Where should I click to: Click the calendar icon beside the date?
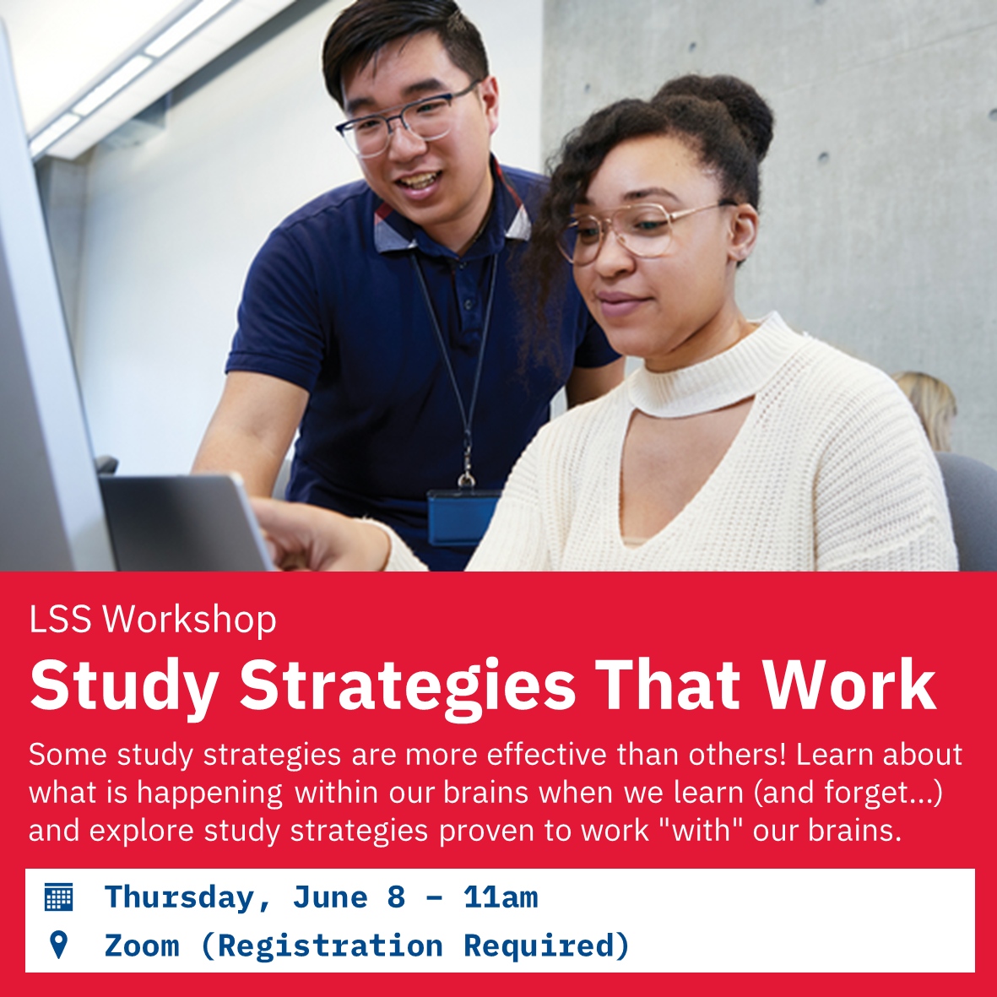coord(58,897)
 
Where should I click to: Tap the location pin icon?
coord(58,945)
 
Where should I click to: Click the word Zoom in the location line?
coord(141,946)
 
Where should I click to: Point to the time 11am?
coord(500,897)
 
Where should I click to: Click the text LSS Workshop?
coord(153,620)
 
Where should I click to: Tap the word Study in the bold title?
coord(123,685)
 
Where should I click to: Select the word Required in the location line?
coord(546,946)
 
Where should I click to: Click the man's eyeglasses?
coord(405,122)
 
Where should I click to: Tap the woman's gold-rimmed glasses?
coord(642,230)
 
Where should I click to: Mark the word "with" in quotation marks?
coord(702,831)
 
